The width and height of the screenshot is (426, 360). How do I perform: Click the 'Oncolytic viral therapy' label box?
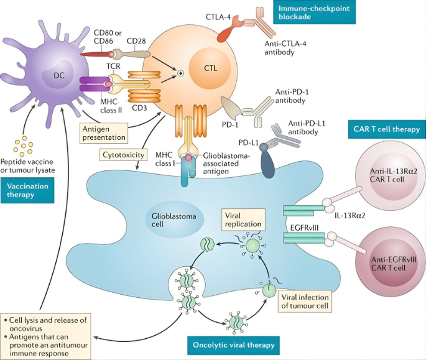[232, 343]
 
